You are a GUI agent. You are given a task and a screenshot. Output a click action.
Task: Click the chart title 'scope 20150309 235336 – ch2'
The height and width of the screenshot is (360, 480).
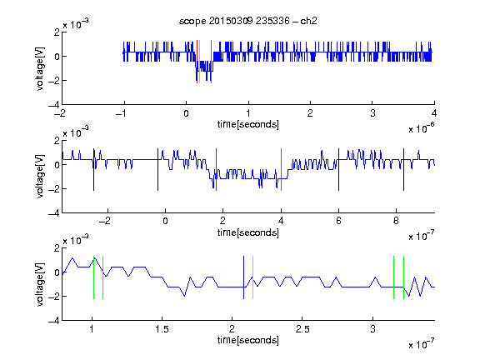(x=248, y=21)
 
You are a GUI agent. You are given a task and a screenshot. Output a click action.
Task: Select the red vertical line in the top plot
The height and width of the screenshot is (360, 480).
(x=197, y=62)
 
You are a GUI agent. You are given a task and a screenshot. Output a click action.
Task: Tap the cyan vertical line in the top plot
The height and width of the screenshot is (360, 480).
(x=200, y=62)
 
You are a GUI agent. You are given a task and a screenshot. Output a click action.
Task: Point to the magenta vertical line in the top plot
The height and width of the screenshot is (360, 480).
(x=211, y=62)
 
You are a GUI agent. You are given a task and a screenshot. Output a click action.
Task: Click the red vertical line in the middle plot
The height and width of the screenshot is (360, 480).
(x=216, y=170)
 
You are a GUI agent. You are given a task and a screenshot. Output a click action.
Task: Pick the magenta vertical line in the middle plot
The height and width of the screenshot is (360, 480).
(x=281, y=170)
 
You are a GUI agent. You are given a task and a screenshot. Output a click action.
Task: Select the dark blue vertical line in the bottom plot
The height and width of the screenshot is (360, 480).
(x=243, y=277)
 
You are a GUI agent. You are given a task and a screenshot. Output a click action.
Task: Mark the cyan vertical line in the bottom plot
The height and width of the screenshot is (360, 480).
(x=252, y=277)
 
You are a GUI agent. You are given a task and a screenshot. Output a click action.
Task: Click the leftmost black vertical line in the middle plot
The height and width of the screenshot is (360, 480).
(x=93, y=170)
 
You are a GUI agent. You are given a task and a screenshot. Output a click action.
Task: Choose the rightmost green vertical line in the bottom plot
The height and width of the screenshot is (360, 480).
(x=404, y=277)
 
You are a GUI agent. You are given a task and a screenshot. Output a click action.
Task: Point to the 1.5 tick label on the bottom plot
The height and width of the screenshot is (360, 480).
(x=162, y=329)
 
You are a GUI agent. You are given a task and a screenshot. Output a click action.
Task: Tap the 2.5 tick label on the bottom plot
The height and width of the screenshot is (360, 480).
(x=302, y=329)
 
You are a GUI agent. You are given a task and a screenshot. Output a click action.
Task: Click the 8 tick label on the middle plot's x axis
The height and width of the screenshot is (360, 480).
(x=396, y=221)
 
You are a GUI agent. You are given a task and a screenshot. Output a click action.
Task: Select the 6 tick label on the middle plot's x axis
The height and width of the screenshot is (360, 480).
(x=338, y=221)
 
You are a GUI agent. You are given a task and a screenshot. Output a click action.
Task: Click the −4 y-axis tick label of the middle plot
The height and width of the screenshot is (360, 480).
(x=54, y=213)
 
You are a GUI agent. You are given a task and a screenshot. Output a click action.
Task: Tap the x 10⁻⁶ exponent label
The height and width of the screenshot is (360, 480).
(x=422, y=128)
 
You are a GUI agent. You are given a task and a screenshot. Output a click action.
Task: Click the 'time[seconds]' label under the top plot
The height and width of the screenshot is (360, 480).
(x=248, y=124)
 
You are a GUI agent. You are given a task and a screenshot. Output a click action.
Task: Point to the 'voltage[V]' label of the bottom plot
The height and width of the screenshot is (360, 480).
(x=40, y=284)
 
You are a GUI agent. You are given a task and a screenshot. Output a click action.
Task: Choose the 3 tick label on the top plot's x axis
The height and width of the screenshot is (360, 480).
(x=372, y=113)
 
